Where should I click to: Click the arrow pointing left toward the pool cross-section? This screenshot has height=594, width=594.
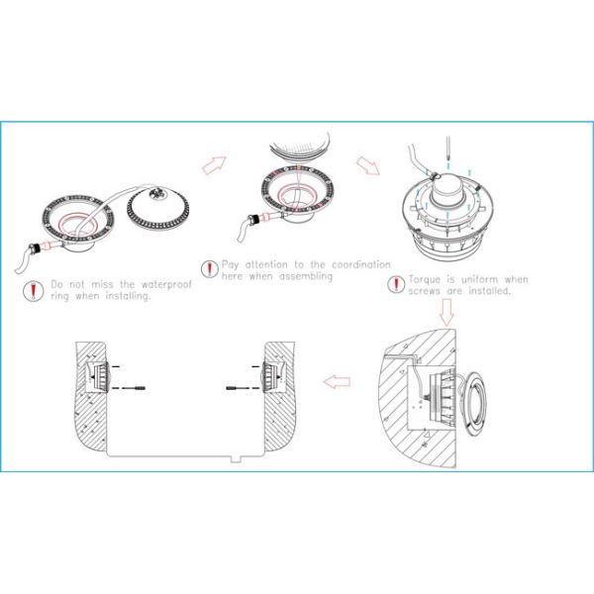pos(338,380)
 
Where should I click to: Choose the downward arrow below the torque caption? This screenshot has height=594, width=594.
pos(445,311)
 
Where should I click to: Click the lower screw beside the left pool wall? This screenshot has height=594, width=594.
pos(138,391)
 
